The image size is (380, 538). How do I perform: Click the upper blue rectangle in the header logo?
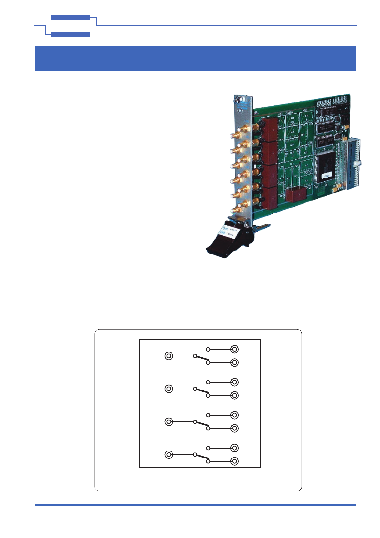click(x=70, y=17)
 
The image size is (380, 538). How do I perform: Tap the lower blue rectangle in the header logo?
click(x=70, y=34)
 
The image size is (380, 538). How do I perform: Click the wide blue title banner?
click(x=195, y=58)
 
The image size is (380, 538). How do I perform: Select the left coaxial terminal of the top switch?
click(x=169, y=356)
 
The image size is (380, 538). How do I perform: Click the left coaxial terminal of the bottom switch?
click(x=169, y=455)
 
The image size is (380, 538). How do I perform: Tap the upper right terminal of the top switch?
click(x=235, y=349)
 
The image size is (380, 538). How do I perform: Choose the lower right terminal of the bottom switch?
click(x=235, y=461)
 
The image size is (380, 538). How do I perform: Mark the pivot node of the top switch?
click(x=194, y=356)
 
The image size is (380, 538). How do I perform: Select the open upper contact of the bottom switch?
click(x=208, y=448)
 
